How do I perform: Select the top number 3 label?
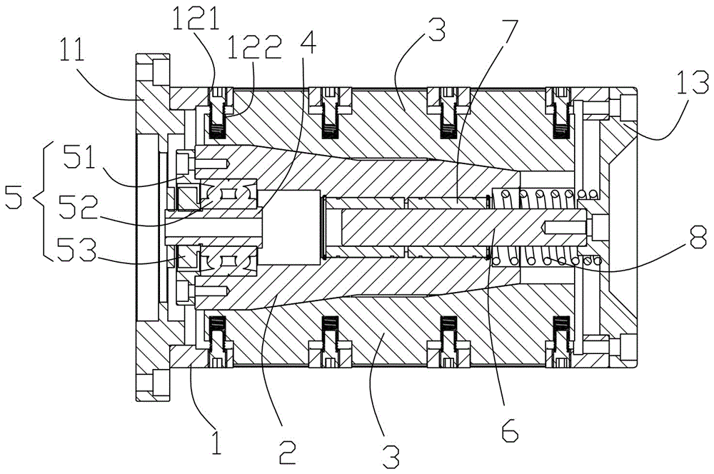[x=436, y=32]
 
